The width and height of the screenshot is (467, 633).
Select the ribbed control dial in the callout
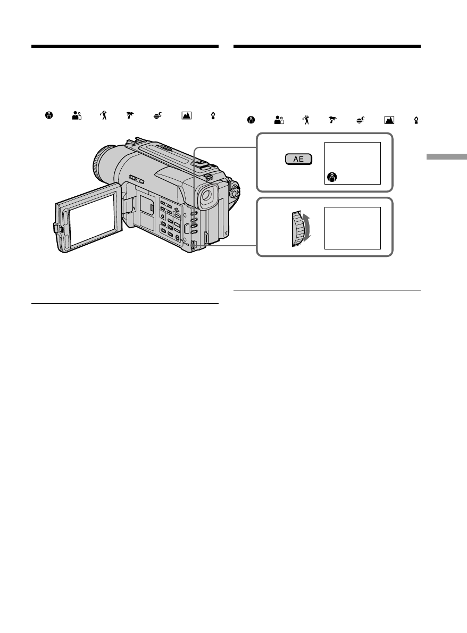pos(297,229)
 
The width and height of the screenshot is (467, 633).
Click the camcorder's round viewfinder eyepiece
pos(206,197)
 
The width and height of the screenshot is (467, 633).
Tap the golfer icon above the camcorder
pos(103,115)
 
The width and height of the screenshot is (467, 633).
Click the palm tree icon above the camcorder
pos(129,115)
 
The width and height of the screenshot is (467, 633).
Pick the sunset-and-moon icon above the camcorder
pos(157,115)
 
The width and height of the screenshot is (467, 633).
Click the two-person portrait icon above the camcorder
pos(76,115)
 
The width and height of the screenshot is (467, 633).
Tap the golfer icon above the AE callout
pos(306,121)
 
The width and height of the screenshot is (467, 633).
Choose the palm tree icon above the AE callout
pos(332,121)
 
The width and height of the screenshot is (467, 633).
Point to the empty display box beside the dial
pos(352,228)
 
